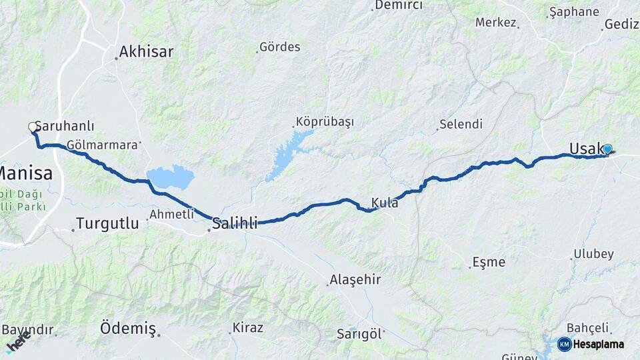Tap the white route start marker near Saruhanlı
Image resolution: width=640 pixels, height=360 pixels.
pyautogui.click(x=32, y=127)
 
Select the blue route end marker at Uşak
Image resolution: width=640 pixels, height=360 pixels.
pyautogui.click(x=607, y=149)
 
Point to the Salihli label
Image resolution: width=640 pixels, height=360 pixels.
pyautogui.click(x=235, y=223)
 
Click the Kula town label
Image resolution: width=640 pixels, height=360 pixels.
pyautogui.click(x=385, y=203)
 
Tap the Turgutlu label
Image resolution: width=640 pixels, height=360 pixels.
pyautogui.click(x=107, y=223)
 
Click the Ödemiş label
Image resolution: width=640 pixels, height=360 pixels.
pyautogui.click(x=127, y=328)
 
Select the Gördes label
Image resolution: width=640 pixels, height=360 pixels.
pyautogui.click(x=280, y=47)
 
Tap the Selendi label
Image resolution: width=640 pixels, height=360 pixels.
pyautogui.click(x=460, y=125)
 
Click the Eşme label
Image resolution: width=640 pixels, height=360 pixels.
pyautogui.click(x=488, y=262)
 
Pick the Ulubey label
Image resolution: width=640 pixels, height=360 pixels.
pyautogui.click(x=593, y=254)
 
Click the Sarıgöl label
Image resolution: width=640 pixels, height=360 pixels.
pyautogui.click(x=359, y=333)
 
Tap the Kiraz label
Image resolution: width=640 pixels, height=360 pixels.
pyautogui.click(x=247, y=328)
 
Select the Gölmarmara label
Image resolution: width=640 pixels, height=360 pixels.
pyautogui.click(x=103, y=144)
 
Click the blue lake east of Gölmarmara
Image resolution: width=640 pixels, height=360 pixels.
pyautogui.click(x=171, y=177)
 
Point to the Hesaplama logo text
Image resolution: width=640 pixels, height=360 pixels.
pyautogui.click(x=599, y=344)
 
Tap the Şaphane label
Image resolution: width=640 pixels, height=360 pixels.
pyautogui.click(x=573, y=12)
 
